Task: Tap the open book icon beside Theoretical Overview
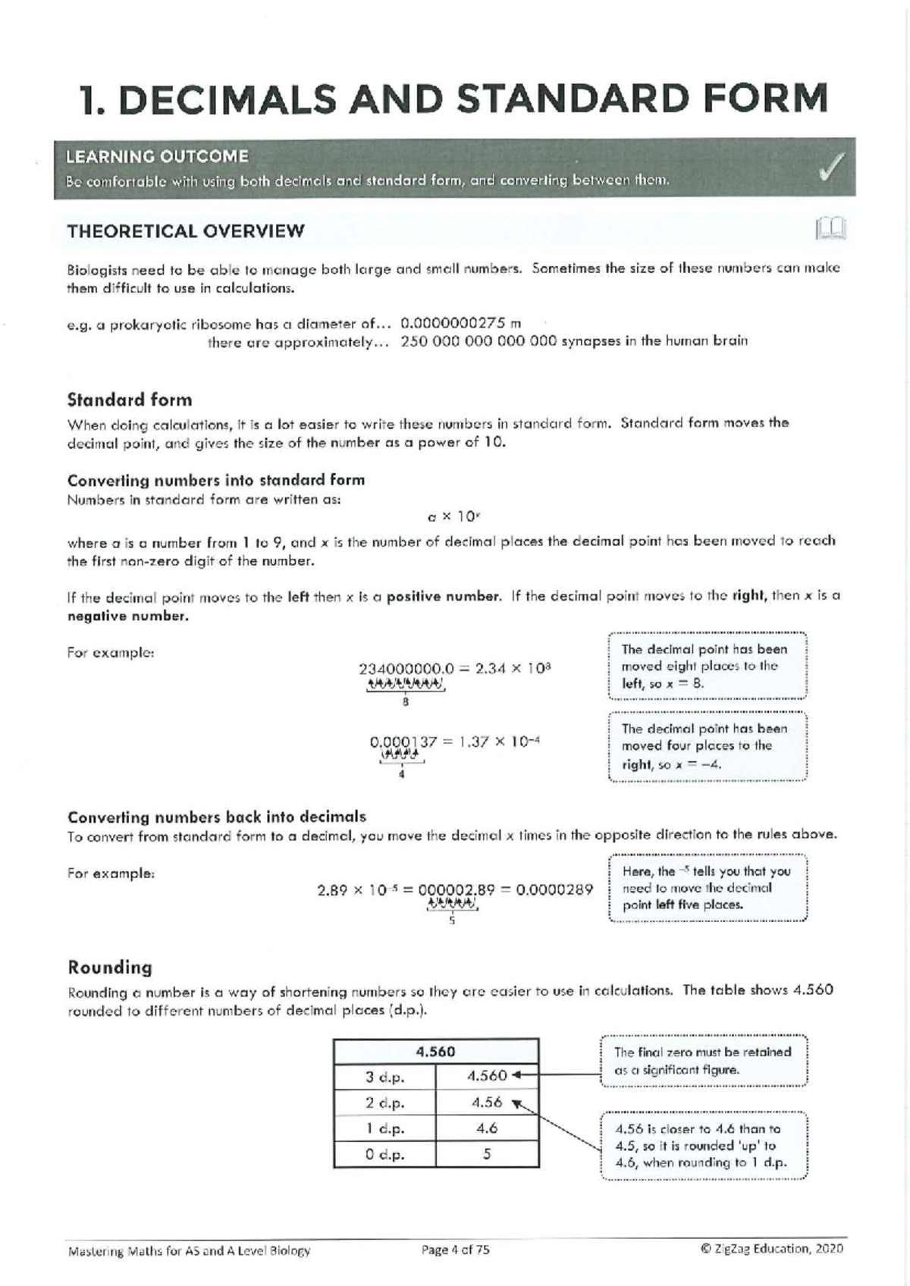click(830, 229)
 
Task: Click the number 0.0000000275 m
click(460, 322)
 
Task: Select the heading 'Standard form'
click(130, 400)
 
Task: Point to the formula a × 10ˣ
click(453, 517)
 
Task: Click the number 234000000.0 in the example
click(405, 669)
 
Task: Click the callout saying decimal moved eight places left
click(707, 666)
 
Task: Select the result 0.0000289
click(554, 889)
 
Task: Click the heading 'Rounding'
click(110, 968)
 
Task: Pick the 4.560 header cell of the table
click(435, 1052)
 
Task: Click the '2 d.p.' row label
click(384, 1103)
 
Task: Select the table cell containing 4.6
click(487, 1128)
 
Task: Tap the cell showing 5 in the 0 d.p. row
click(487, 1154)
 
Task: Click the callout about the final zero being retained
click(703, 1061)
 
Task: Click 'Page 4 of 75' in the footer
click(455, 1250)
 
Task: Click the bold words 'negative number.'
click(127, 616)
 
